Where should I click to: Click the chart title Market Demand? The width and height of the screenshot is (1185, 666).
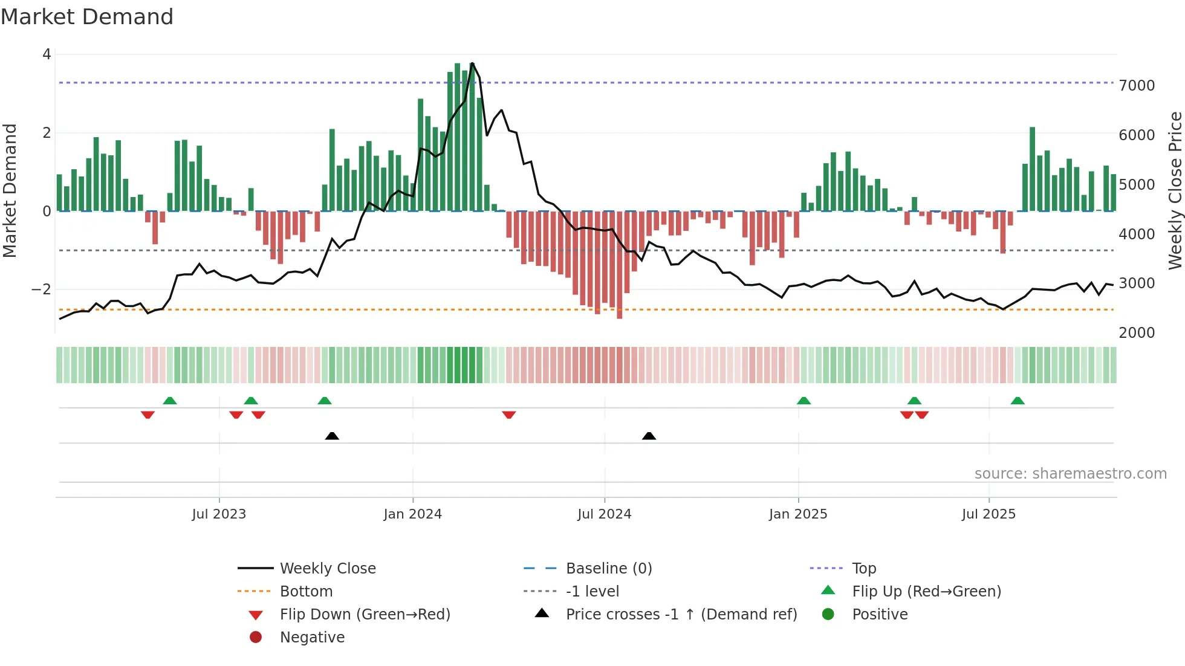pyautogui.click(x=87, y=17)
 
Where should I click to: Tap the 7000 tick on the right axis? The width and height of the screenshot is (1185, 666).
pyautogui.click(x=1137, y=86)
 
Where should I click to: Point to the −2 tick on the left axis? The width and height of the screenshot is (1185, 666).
pyautogui.click(x=41, y=289)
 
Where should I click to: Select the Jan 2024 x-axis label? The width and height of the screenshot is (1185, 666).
pyautogui.click(x=412, y=514)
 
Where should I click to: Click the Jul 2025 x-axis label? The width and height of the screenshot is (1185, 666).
pyautogui.click(x=989, y=514)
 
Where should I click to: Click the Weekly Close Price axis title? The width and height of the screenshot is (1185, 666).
pyautogui.click(x=1175, y=190)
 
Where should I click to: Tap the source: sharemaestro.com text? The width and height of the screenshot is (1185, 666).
pyautogui.click(x=1070, y=474)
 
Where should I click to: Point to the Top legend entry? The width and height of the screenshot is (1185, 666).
pyautogui.click(x=863, y=569)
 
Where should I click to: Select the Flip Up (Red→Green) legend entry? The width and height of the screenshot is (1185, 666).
pyautogui.click(x=926, y=592)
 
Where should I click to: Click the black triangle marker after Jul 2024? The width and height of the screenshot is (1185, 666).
pyautogui.click(x=649, y=436)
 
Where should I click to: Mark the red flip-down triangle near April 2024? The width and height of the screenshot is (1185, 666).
pyautogui.click(x=509, y=415)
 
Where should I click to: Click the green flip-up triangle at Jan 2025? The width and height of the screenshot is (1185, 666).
pyautogui.click(x=804, y=401)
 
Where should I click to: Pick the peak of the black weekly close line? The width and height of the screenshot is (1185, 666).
pyautogui.click(x=472, y=63)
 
